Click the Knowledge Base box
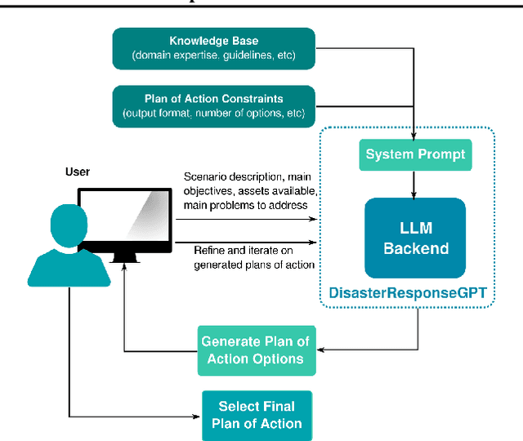[213, 48]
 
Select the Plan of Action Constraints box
[213, 106]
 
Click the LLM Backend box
[414, 238]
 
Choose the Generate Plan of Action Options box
[255, 350]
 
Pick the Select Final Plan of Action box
[256, 415]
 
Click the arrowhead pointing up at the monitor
[124, 270]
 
